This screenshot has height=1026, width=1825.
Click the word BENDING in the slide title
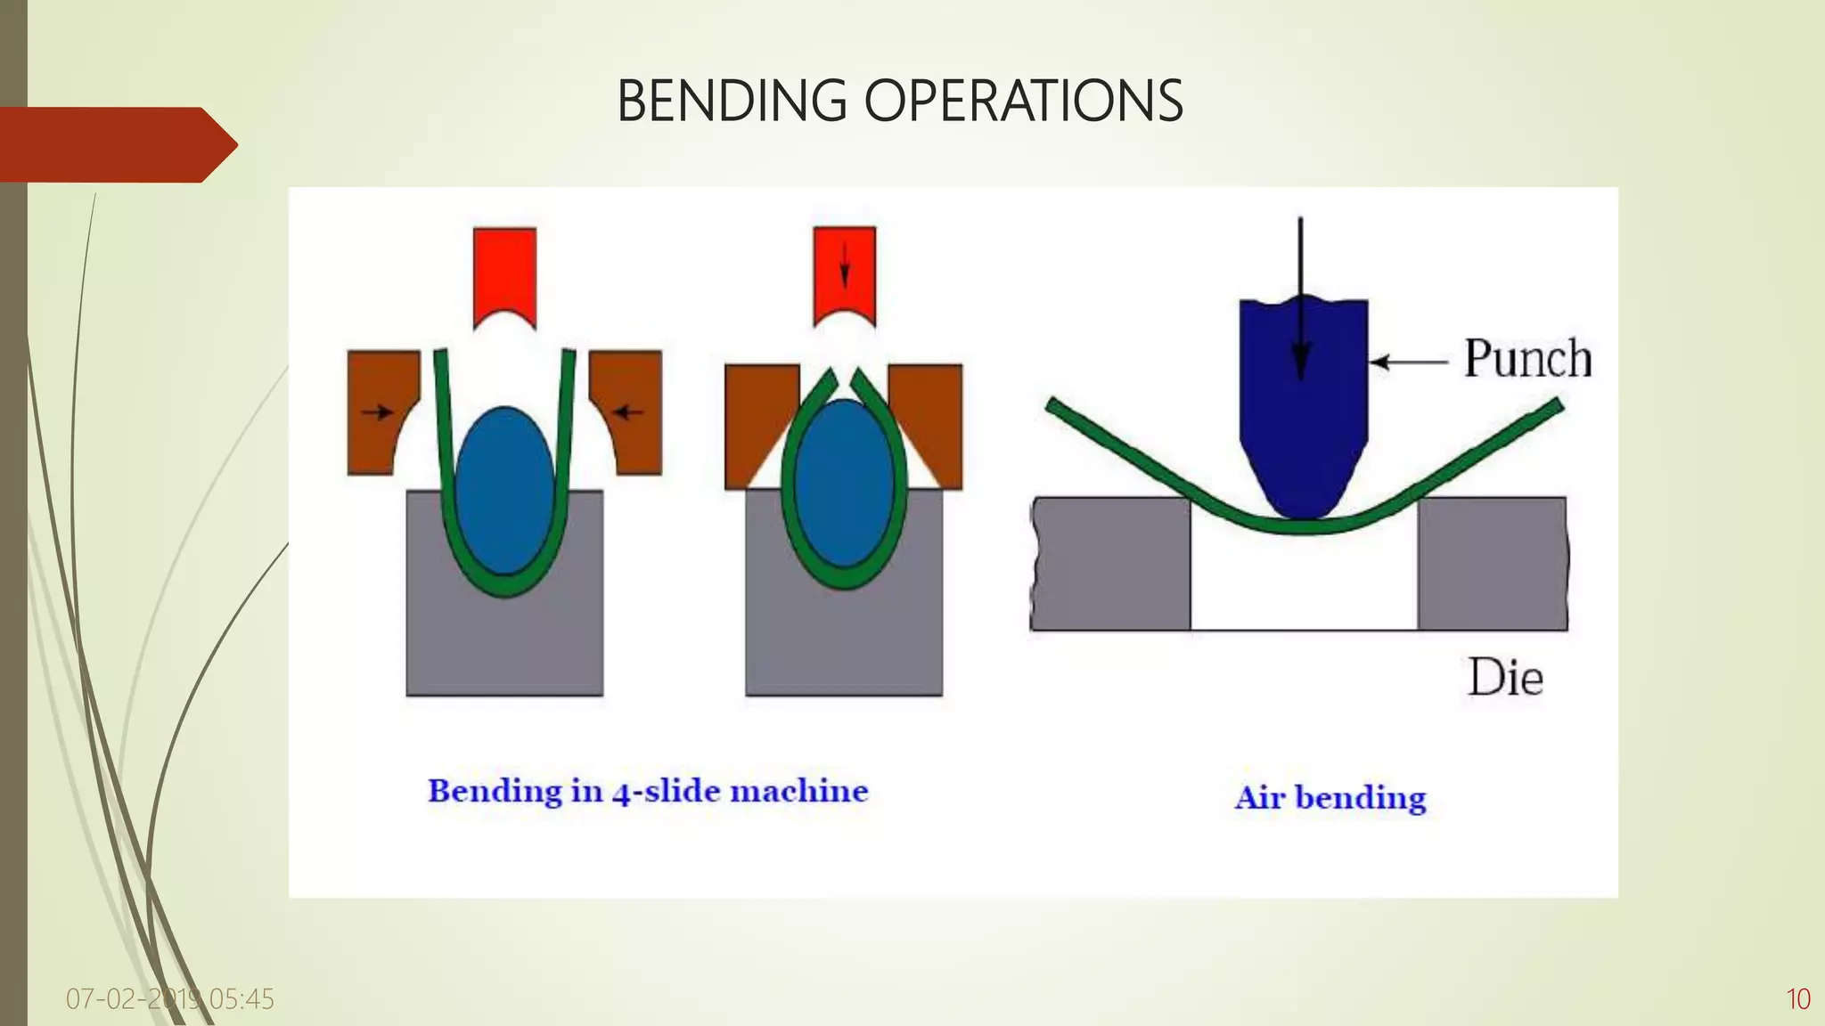(731, 101)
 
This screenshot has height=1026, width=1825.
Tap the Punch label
(1527, 360)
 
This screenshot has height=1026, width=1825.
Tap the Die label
(1505, 679)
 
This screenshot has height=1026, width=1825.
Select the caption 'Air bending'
(1330, 797)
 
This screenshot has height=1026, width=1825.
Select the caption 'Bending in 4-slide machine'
(648, 791)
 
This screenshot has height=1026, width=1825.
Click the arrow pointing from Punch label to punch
(1408, 362)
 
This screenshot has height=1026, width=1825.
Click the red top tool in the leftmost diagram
(504, 272)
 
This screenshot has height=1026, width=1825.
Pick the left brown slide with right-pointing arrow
(378, 411)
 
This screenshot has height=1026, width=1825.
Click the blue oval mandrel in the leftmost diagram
(504, 490)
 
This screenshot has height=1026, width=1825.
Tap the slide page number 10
(1798, 999)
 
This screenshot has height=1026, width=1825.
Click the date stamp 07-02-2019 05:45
(169, 999)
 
